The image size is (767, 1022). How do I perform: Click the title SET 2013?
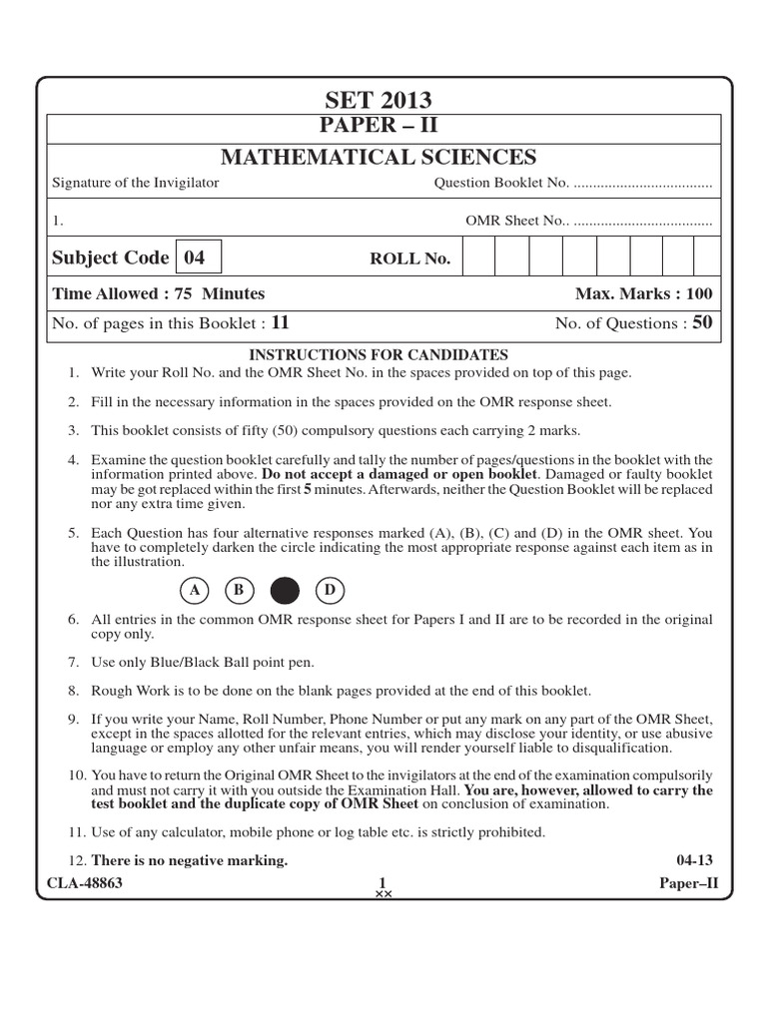click(x=378, y=100)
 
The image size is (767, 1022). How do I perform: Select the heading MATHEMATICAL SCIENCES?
click(x=378, y=157)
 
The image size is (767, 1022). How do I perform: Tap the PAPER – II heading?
click(x=378, y=127)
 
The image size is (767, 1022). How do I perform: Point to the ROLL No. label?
click(x=410, y=259)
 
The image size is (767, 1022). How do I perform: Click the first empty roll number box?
click(x=479, y=257)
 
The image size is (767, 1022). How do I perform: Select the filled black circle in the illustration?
click(x=285, y=591)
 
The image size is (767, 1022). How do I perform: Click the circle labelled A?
click(x=197, y=591)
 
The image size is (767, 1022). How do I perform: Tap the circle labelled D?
click(x=329, y=591)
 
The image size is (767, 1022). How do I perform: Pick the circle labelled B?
click(x=240, y=591)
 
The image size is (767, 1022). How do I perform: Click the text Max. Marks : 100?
click(x=643, y=293)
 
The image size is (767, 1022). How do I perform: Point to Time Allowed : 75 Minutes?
click(x=158, y=293)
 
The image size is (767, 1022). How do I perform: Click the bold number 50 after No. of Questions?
click(x=702, y=322)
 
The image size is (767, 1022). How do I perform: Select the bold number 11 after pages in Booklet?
click(x=280, y=322)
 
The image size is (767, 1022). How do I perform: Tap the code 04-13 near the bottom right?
click(x=694, y=860)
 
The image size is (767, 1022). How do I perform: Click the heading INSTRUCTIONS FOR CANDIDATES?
click(x=378, y=354)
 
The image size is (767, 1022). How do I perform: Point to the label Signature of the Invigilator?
click(x=135, y=183)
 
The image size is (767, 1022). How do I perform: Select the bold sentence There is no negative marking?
click(x=190, y=860)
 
